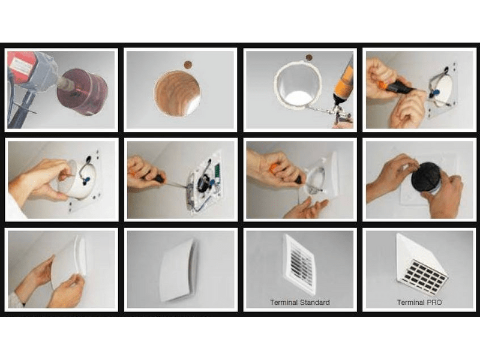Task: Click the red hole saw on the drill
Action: [x=83, y=91]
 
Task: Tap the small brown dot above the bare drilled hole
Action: [x=187, y=65]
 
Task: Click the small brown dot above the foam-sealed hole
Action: [x=309, y=58]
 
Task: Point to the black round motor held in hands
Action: [x=427, y=178]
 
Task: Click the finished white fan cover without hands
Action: [x=179, y=269]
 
